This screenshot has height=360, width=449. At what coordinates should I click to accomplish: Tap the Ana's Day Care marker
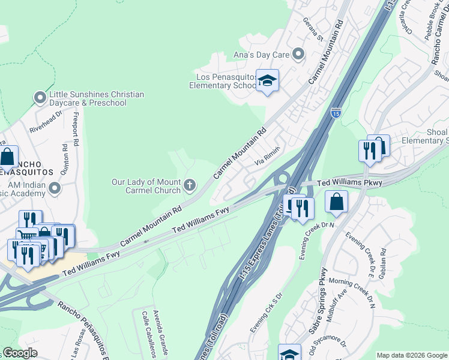point(298,55)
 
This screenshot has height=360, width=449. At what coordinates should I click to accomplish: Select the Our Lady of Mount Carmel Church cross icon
point(190,185)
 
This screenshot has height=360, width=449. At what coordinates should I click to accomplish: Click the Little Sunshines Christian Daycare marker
point(40,97)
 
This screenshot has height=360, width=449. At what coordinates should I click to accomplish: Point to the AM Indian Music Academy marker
point(55,189)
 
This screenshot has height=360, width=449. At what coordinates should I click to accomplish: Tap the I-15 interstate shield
point(336,112)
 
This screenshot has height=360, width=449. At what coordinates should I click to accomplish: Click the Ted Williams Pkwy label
point(349,182)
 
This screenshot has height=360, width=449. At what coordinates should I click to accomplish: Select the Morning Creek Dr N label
point(352,294)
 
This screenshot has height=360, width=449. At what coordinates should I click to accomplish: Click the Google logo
point(19,353)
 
